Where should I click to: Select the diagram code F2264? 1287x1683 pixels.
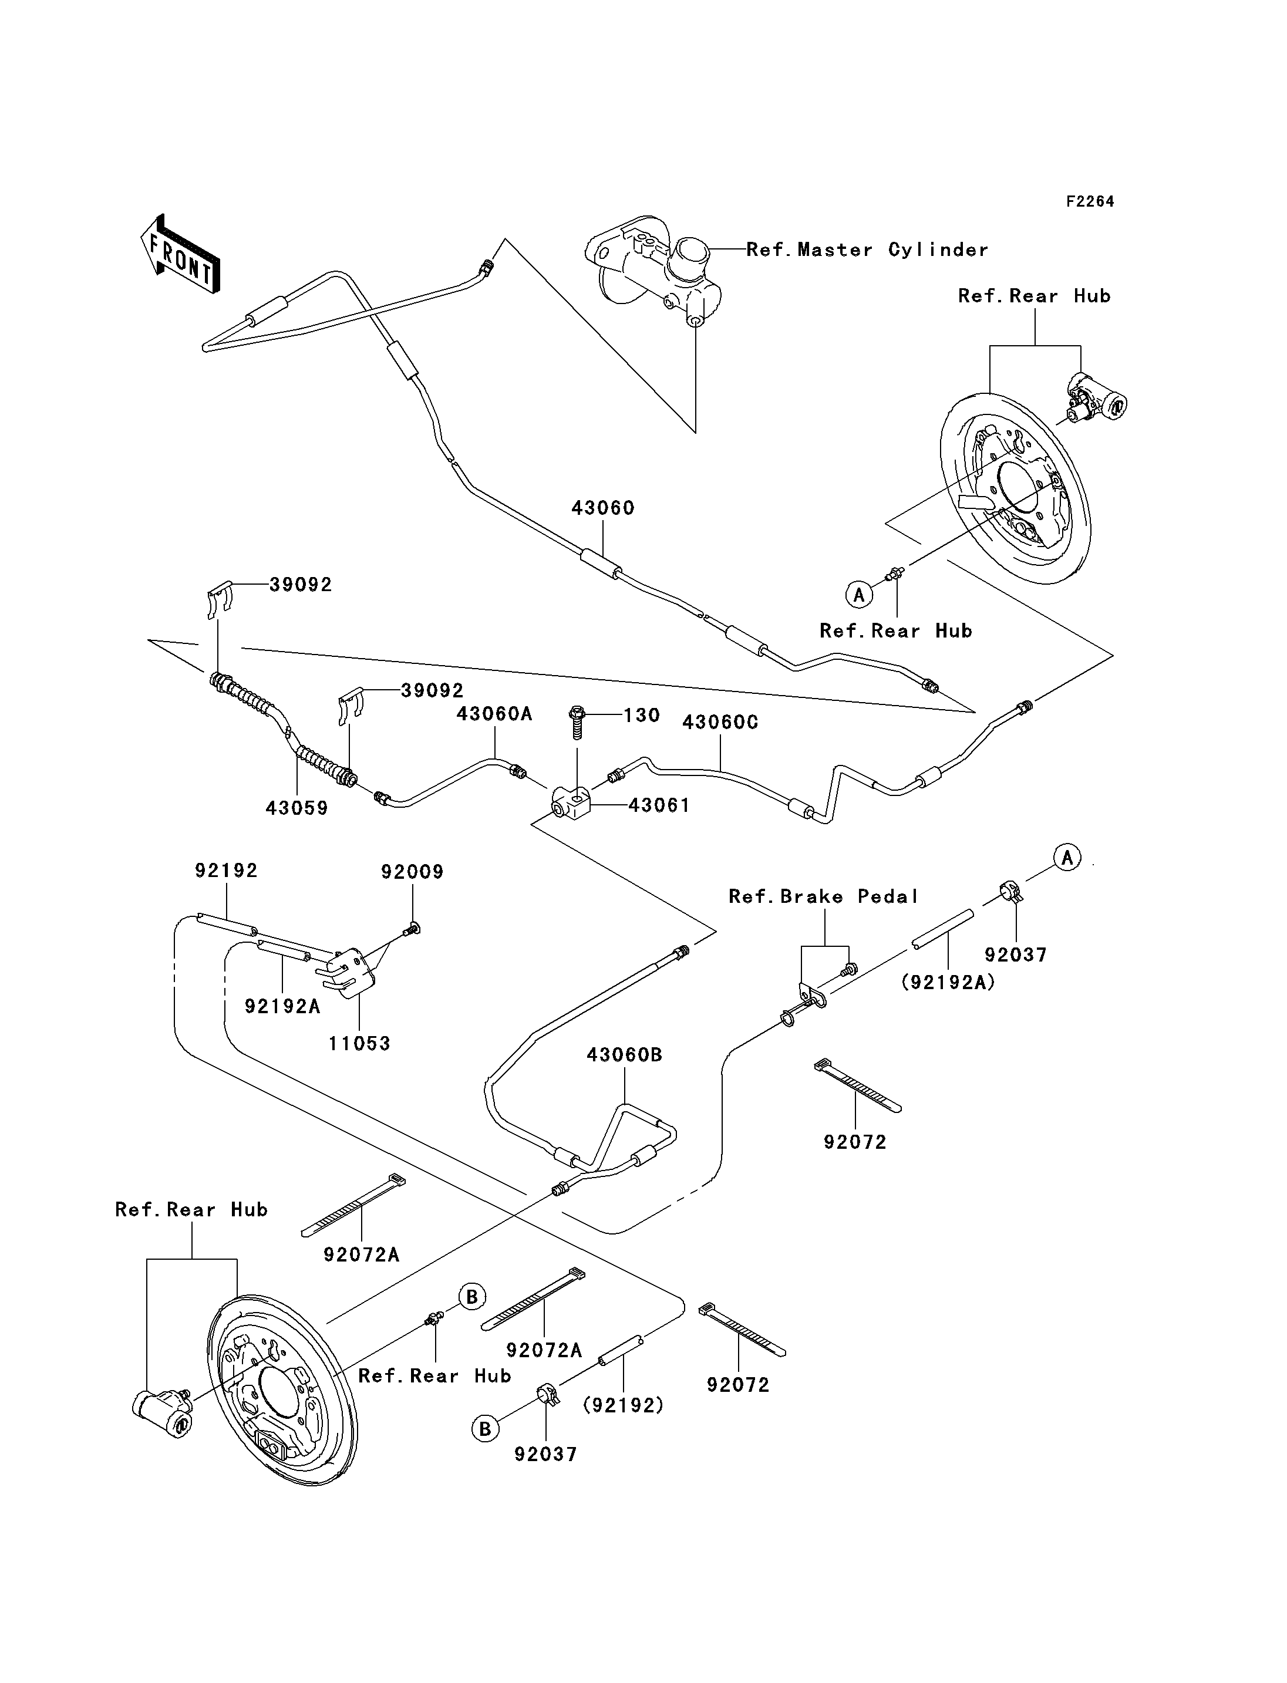pyautogui.click(x=1090, y=201)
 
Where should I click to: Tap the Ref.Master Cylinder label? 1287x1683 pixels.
pyautogui.click(x=867, y=249)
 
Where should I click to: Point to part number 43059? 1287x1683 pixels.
pyautogui.click(x=297, y=808)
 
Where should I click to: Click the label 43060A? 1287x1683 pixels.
pyautogui.click(x=494, y=714)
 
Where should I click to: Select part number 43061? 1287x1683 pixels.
pyautogui.click(x=659, y=805)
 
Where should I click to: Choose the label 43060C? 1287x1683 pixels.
pyautogui.click(x=720, y=723)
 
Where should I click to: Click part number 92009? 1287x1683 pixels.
pyautogui.click(x=412, y=872)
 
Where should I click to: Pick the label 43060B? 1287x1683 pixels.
pyautogui.click(x=624, y=1055)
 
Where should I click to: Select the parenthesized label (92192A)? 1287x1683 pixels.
pyautogui.click(x=948, y=982)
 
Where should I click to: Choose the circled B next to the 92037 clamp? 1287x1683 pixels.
pyautogui.click(x=485, y=1429)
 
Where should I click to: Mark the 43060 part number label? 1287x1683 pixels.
pyautogui.click(x=603, y=508)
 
